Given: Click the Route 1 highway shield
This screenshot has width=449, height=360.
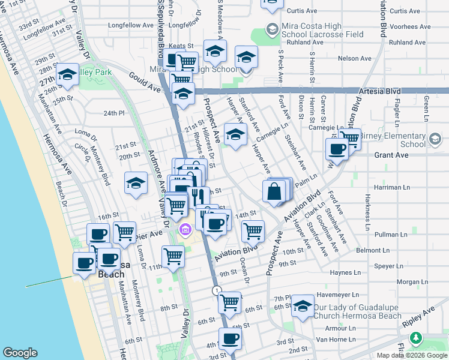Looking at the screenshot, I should click(x=215, y=290).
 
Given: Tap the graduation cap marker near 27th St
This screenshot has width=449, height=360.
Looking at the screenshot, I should click(x=67, y=76).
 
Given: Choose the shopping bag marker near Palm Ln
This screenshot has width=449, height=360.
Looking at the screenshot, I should click(x=274, y=192).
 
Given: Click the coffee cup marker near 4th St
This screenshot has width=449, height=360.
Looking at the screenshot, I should click(x=230, y=339).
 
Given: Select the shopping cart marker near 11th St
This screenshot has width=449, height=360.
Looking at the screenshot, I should click(x=173, y=256).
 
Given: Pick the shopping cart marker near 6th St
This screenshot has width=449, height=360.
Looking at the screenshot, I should click(x=229, y=303).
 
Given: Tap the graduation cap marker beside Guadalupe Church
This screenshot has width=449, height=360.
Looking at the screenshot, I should click(x=304, y=307).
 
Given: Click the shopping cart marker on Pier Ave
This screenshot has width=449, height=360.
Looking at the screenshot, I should click(x=124, y=232).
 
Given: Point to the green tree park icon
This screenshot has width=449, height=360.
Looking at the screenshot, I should click(x=415, y=339).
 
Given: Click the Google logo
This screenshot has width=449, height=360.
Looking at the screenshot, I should click(x=20, y=353).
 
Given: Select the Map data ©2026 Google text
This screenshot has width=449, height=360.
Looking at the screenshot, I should click(x=411, y=355).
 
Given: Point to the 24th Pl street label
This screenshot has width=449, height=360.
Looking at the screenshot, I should click(x=113, y=113).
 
